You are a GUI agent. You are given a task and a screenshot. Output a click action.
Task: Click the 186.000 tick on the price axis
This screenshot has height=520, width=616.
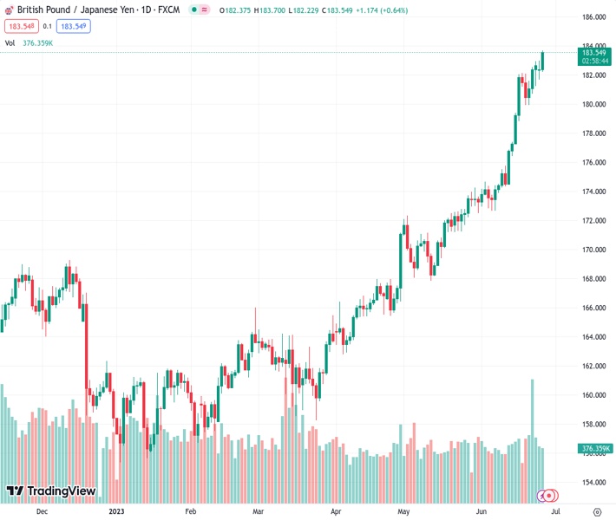tap(593, 17)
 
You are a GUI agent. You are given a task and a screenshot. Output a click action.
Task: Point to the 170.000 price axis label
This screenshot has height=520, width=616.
tap(593, 250)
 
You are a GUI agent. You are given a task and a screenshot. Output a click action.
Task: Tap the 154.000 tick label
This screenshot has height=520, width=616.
tap(593, 483)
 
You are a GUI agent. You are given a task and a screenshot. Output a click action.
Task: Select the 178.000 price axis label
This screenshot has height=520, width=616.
tap(593, 133)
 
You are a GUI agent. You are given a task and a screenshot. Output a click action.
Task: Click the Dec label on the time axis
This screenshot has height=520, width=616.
tap(42, 512)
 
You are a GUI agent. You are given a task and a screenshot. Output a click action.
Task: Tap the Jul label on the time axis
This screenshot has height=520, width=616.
tap(554, 512)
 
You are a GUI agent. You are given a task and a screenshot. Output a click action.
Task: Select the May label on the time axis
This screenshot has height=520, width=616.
tap(403, 512)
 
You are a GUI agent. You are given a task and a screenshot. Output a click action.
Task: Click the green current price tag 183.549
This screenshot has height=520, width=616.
tap(593, 52)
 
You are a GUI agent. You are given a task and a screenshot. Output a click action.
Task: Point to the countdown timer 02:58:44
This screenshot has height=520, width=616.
tap(593, 62)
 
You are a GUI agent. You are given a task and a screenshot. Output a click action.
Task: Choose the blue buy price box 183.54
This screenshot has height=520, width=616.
tap(73, 26)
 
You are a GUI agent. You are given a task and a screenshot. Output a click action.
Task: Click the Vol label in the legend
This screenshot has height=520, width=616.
tap(10, 42)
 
